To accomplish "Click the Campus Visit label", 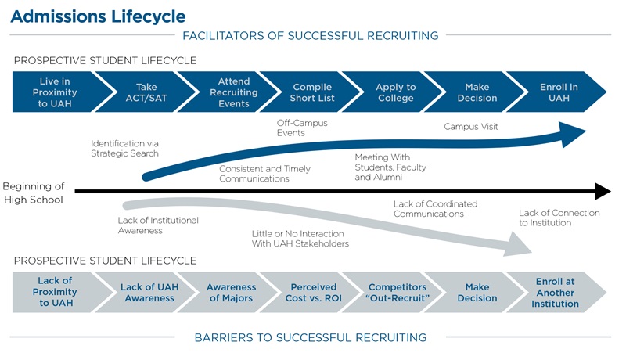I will click(x=471, y=126).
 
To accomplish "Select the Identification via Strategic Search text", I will click(x=124, y=148).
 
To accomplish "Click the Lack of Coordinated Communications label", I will click(x=435, y=209).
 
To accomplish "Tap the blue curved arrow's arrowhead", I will click(x=574, y=134).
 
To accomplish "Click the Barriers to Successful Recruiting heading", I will click(x=311, y=337).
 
